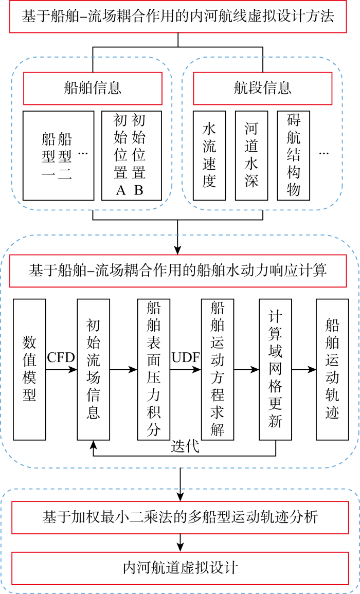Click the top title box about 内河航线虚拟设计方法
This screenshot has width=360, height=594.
[178, 16]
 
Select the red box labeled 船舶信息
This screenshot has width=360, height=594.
[93, 88]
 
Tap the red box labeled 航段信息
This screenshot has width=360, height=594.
[263, 88]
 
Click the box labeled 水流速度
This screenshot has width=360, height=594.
[209, 156]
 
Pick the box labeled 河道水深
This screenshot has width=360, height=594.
[251, 156]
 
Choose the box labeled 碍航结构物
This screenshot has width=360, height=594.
[293, 156]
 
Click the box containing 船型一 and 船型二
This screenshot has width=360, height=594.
[58, 156]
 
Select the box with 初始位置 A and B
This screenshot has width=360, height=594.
[132, 156]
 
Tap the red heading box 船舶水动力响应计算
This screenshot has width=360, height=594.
[178, 271]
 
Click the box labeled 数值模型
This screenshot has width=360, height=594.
[29, 369]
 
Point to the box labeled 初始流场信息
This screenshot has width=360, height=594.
[94, 369]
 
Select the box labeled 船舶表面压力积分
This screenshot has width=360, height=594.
[153, 369]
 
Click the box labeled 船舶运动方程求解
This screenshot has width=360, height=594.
[218, 369]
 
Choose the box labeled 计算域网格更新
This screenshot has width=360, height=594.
[276, 369]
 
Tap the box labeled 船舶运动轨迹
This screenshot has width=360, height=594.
[332, 369]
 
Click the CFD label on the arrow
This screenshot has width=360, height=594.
[61, 357]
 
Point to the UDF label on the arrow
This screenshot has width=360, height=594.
[186, 357]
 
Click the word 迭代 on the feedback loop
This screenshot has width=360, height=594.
[185, 446]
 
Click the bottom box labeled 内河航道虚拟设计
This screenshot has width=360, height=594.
[180, 568]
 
